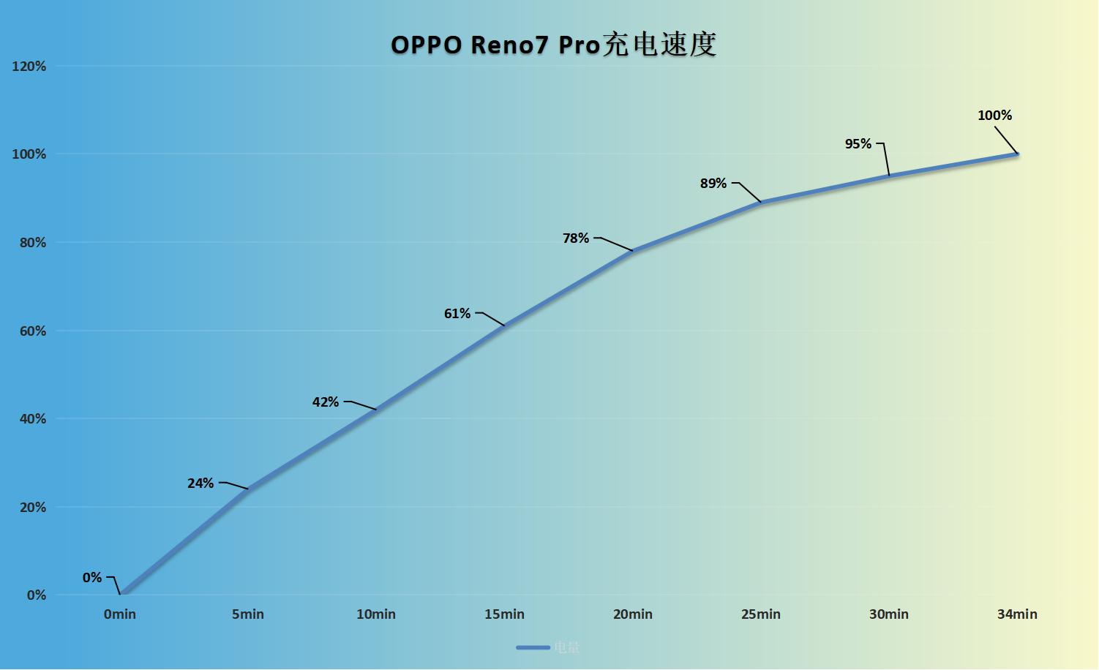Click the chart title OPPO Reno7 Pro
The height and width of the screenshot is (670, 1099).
[553, 45]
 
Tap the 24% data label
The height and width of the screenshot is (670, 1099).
[200, 483]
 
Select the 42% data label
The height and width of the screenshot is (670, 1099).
[326, 402]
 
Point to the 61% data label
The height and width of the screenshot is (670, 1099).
[457, 314]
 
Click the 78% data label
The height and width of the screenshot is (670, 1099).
[576, 238]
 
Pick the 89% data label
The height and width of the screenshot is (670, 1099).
[713, 184]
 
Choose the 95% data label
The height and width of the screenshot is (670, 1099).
[858, 144]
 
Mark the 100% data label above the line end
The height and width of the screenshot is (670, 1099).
[994, 116]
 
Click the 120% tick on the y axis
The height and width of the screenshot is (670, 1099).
[29, 67]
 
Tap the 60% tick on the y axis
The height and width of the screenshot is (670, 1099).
[32, 331]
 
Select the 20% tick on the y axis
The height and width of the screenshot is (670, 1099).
[32, 508]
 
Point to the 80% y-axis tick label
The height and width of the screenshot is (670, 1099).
[32, 243]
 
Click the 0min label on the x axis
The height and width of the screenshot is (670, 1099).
[120, 614]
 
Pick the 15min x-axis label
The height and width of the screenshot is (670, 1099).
[504, 614]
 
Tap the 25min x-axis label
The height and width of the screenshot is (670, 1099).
[761, 614]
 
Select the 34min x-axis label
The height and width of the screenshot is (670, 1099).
[1017, 614]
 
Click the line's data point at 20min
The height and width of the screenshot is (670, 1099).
[633, 251]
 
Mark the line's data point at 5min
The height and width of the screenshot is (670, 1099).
[248, 489]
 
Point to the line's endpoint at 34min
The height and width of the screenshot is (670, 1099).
[1017, 154]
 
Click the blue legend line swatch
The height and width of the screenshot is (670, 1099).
[533, 647]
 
